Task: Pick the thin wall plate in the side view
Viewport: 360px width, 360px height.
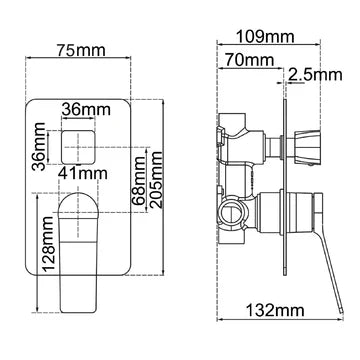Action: tap(288, 190)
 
